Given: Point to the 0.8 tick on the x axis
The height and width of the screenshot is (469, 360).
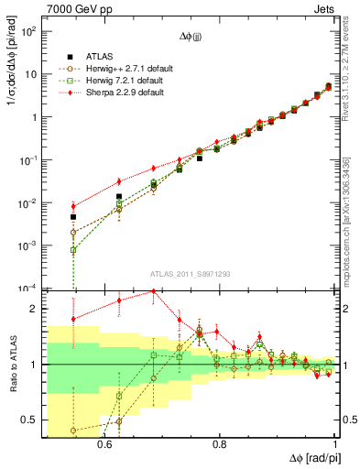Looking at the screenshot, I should (219, 443).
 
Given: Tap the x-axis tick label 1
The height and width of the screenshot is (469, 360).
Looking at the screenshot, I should (335, 443).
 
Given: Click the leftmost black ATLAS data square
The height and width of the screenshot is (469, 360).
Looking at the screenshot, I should (48, 217).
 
